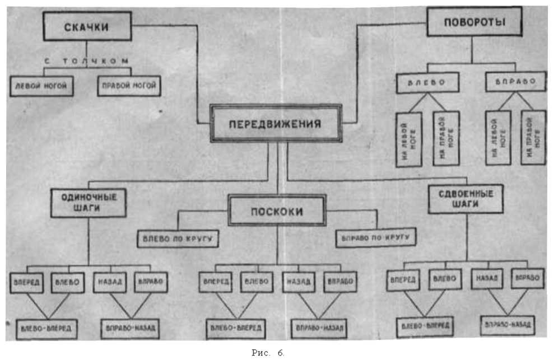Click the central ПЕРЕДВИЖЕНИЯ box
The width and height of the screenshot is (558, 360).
277,124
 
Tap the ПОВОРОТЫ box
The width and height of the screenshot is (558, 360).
474,24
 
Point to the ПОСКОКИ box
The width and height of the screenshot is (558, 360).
277,211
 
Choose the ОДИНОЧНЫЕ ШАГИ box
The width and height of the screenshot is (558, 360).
88,202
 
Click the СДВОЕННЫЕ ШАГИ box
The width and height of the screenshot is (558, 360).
465,199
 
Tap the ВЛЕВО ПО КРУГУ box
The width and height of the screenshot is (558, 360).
178,238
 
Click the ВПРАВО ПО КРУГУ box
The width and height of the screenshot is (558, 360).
375,237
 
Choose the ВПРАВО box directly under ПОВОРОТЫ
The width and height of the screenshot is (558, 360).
514,82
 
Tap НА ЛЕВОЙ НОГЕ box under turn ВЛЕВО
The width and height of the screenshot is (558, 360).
409,139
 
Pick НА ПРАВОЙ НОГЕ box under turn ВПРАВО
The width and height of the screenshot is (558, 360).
533,137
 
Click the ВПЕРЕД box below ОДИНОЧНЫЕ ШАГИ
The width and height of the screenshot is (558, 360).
26,282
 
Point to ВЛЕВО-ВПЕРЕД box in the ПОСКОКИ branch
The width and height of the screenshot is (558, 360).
235,328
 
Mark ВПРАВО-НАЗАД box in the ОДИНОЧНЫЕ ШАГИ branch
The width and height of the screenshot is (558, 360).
131,328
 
